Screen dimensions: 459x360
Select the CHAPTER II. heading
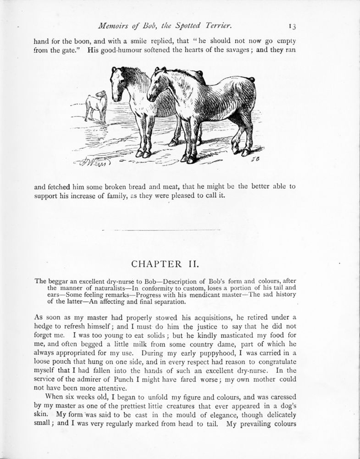(171, 265)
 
